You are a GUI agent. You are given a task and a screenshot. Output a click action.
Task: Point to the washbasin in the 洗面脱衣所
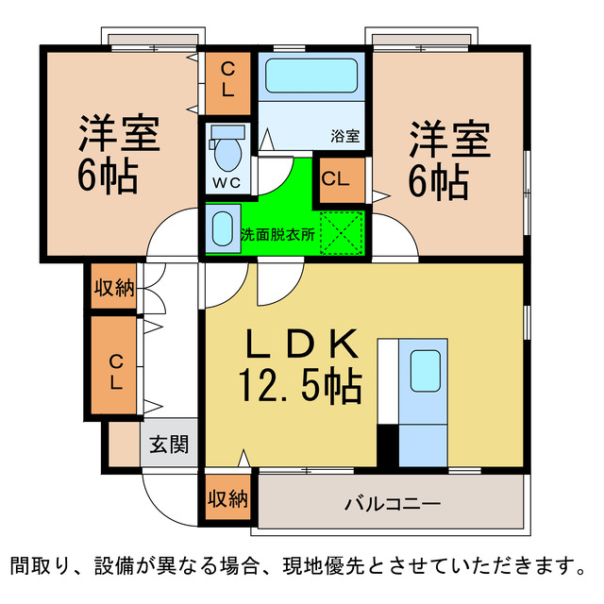click(221, 229)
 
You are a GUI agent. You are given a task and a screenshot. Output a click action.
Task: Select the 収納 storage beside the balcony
click(227, 498)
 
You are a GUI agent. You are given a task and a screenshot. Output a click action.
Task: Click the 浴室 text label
click(344, 135)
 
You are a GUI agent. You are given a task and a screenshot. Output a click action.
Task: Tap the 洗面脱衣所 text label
click(277, 232)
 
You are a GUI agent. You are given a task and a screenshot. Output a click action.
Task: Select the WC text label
click(226, 181)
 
